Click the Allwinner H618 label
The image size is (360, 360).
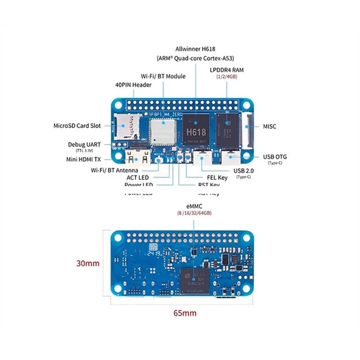pos(195,49)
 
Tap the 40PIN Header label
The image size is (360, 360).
pos(133,85)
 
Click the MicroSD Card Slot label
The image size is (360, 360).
pos(77,126)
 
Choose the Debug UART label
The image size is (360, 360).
pos(84,145)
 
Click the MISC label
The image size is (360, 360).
pos(269,127)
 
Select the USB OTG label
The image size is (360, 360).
pos(274,157)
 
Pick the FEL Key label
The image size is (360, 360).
pos(214,178)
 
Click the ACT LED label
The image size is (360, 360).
pos(137,178)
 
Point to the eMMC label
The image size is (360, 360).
pos(195,206)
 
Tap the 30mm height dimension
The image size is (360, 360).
pos(88,263)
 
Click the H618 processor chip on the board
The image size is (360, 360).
pos(195,130)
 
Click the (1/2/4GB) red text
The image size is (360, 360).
pos(227,77)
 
